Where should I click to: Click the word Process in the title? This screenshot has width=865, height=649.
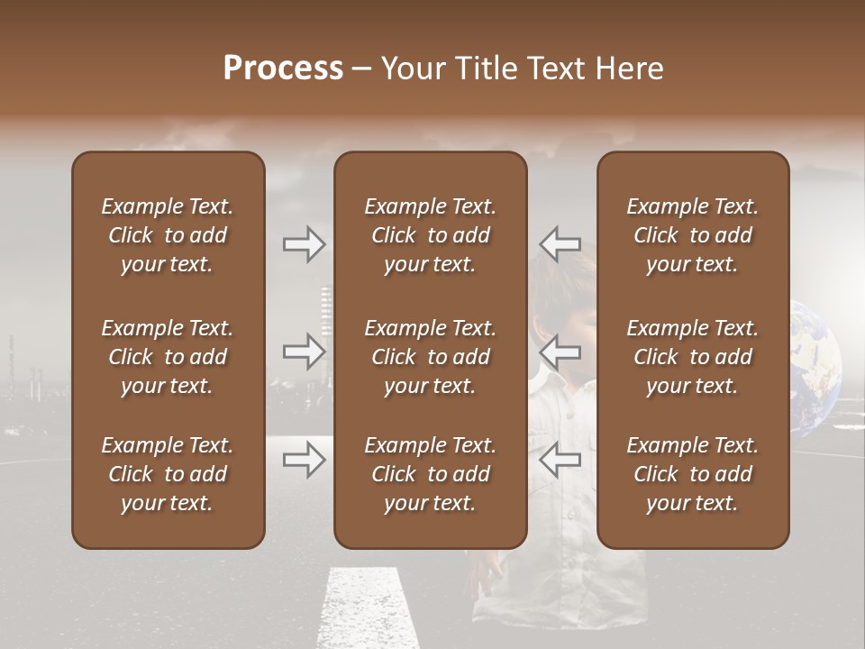click(x=283, y=69)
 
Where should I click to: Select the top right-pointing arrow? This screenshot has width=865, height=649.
click(x=305, y=243)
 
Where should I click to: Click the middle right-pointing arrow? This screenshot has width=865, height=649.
click(x=305, y=351)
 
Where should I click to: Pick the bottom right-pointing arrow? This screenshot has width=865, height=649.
click(x=305, y=460)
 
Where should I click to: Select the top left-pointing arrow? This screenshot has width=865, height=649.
click(x=560, y=243)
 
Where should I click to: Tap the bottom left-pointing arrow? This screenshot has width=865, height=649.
click(x=560, y=460)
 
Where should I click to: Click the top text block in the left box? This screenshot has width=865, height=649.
click(x=168, y=235)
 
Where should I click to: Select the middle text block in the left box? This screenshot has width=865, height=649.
click(x=168, y=357)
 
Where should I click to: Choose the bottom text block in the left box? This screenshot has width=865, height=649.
click(x=168, y=474)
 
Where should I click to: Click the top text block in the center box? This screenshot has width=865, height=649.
click(x=430, y=235)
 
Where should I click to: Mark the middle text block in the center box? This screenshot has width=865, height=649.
click(x=430, y=357)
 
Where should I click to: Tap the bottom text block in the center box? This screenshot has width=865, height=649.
click(x=430, y=474)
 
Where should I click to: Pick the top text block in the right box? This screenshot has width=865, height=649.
click(x=693, y=235)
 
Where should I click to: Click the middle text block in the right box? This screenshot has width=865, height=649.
click(x=693, y=357)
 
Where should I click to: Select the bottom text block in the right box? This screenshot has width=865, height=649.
click(x=693, y=474)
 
